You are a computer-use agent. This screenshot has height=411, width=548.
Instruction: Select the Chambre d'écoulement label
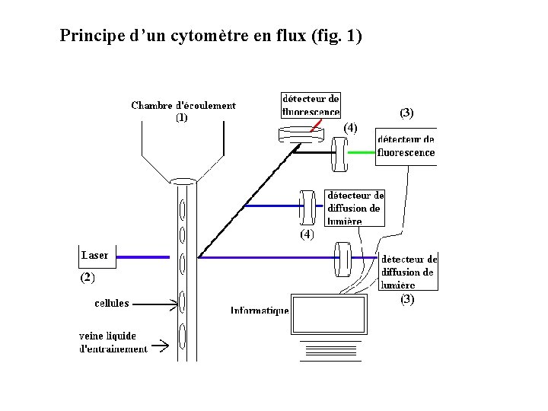coord(183,111)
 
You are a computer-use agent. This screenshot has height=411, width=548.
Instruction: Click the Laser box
coord(96,256)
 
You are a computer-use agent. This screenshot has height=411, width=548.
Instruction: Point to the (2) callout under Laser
coord(88,279)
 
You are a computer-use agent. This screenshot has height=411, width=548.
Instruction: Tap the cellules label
coord(111,303)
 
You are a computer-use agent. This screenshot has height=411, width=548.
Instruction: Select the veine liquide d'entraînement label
coord(113,342)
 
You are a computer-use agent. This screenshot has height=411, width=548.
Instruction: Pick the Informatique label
coord(260,311)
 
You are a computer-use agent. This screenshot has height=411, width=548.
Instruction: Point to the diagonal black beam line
coord(244,202)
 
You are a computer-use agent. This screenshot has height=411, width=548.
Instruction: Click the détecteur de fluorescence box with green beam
coord(406,146)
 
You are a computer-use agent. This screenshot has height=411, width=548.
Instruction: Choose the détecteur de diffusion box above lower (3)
coord(409,272)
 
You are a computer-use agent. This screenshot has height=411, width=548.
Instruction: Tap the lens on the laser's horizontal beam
coord(342,259)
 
